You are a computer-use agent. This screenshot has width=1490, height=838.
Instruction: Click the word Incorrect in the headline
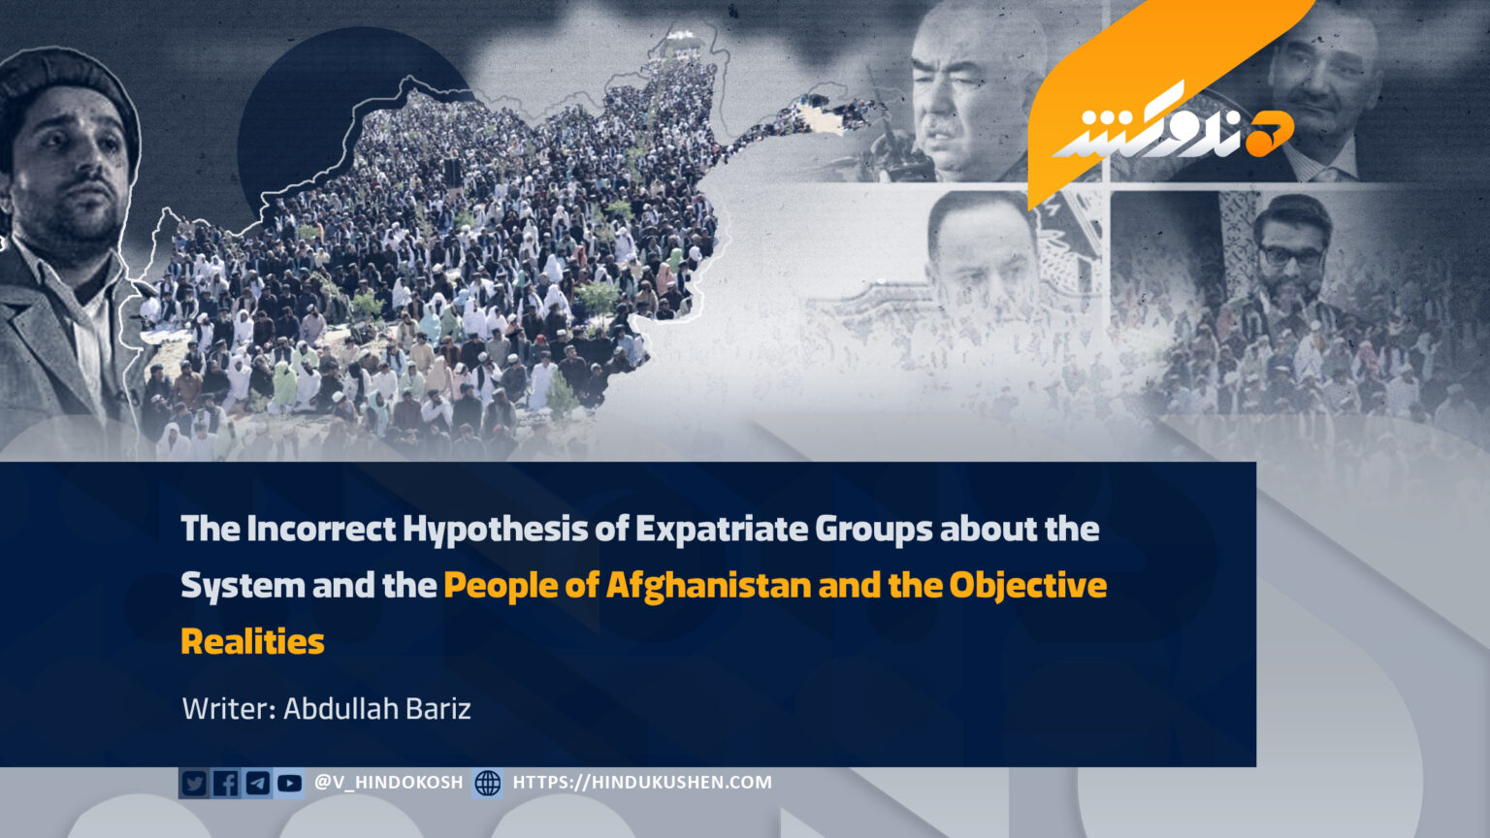[x=321, y=529]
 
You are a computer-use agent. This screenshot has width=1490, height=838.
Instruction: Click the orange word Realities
[x=253, y=642]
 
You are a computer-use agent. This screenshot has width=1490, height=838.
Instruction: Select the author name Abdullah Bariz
[x=377, y=709]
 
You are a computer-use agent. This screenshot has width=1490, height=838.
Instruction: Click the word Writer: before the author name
[x=229, y=709]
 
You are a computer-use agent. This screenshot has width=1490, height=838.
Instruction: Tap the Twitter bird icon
[x=194, y=784]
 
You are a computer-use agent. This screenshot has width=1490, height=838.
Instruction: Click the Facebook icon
[x=225, y=784]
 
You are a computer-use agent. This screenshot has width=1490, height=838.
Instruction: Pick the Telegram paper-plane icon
[x=257, y=784]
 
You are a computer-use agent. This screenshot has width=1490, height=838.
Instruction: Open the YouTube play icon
[x=289, y=784]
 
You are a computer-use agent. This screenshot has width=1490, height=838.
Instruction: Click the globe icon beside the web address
[x=488, y=784]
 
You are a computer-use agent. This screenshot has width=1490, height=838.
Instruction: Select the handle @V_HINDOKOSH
[x=388, y=782]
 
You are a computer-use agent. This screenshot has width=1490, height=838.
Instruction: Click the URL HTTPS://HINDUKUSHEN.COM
[x=642, y=782]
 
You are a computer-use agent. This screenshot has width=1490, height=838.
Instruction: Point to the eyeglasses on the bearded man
[x=1291, y=256]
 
